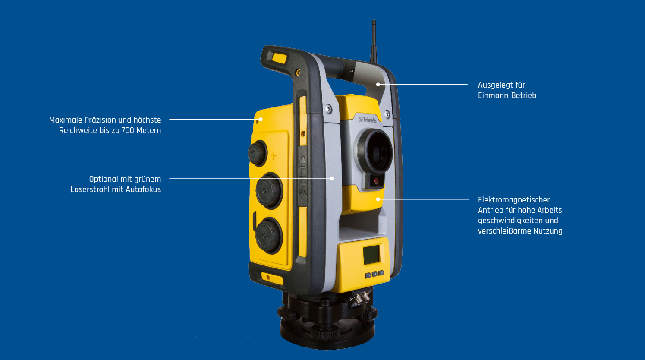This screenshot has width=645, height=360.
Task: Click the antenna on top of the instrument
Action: point(374,41)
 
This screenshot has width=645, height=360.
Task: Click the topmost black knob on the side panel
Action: point(257,153)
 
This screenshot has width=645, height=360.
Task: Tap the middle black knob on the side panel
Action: point(269,191)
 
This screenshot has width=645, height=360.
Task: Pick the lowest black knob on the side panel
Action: point(269,235)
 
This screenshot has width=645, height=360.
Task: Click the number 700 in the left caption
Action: point(128,130)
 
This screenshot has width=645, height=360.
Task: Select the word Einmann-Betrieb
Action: point(507,95)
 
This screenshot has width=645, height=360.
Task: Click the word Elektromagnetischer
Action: point(514,200)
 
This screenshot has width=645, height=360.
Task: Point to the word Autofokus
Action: point(143,189)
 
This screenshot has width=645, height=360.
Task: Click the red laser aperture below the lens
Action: point(376,181)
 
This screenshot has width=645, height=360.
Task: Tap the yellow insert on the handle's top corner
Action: point(280,58)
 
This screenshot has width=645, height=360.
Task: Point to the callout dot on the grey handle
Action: point(378,85)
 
